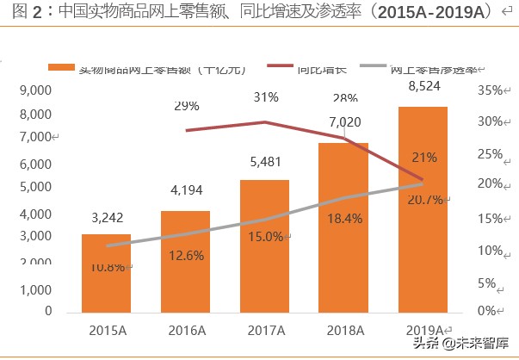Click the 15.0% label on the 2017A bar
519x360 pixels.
(264, 237)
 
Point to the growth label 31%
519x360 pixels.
(265, 97)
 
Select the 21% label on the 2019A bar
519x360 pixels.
(423, 158)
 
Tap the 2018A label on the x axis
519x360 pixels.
(343, 329)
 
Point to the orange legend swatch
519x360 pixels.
(61, 68)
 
